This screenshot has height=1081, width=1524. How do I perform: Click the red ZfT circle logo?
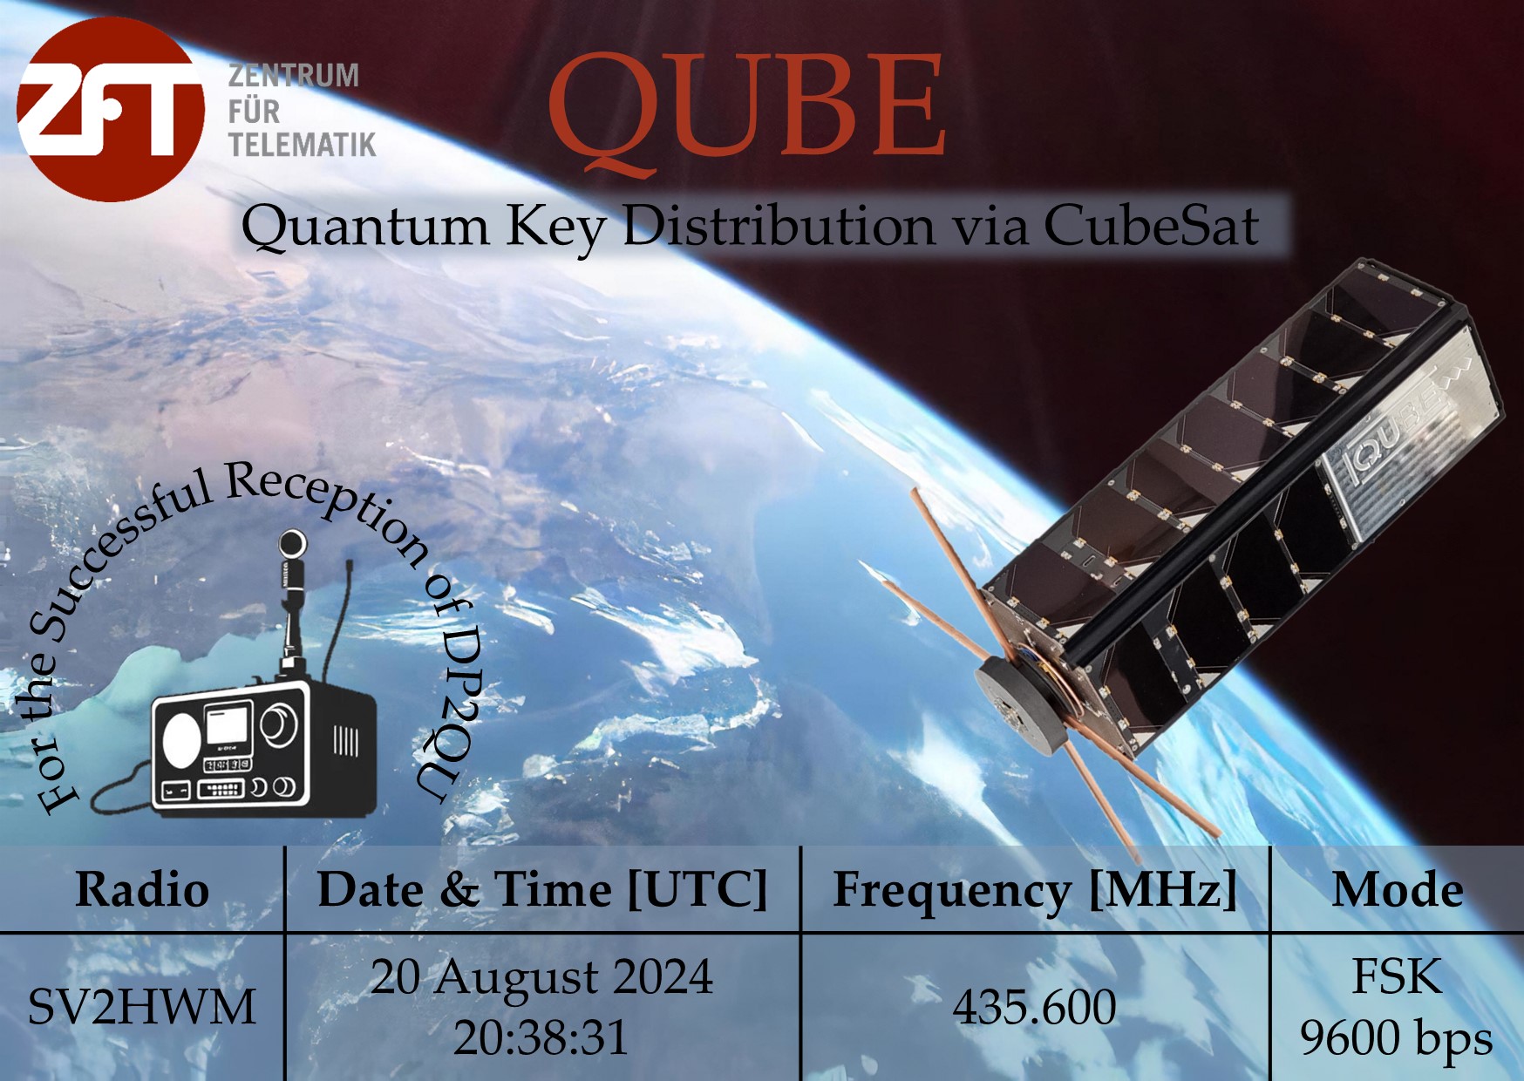tap(111, 109)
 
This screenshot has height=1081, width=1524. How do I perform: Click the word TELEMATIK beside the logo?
tap(302, 145)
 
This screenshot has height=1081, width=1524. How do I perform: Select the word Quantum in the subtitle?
tap(365, 226)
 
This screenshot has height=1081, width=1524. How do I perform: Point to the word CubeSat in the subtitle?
tap(1151, 226)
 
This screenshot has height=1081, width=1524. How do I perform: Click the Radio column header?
tap(142, 890)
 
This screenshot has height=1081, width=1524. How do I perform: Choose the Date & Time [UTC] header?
tap(542, 890)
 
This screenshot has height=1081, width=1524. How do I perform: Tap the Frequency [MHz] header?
tap(1035, 890)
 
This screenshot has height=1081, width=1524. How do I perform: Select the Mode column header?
tap(1398, 890)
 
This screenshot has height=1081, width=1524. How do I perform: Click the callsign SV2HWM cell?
tap(142, 1008)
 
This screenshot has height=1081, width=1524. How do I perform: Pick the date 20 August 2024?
tap(541, 977)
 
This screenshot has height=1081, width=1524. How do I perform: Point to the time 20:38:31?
tap(541, 1037)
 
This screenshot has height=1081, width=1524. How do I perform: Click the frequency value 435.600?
tap(1034, 1008)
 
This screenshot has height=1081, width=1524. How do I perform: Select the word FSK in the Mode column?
tap(1397, 977)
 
